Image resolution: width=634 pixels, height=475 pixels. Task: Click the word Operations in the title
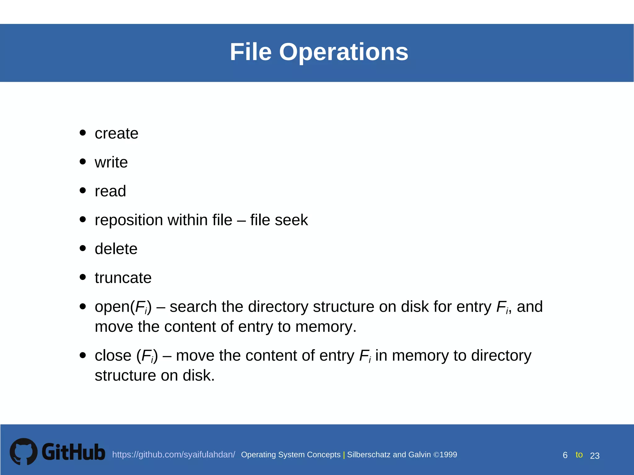click(x=344, y=52)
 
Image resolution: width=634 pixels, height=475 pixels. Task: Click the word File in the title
click(x=250, y=52)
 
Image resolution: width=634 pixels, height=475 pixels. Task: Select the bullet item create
click(x=116, y=134)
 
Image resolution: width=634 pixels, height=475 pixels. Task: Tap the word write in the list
click(x=111, y=162)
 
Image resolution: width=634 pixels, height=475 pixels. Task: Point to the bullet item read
click(x=110, y=191)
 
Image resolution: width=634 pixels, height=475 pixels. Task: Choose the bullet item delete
click(x=116, y=249)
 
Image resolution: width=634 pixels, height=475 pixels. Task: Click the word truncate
click(x=123, y=278)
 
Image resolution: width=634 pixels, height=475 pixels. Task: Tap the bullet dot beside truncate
click(x=83, y=277)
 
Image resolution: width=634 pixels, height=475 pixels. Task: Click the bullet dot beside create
click(x=83, y=133)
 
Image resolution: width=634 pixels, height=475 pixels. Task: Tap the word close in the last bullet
click(x=113, y=356)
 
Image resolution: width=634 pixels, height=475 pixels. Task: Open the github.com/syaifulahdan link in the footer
click(x=173, y=455)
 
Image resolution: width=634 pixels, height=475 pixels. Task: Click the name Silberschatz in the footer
click(x=368, y=455)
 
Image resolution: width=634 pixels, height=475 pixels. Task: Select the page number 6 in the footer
click(x=565, y=455)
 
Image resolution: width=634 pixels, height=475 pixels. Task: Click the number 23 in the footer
click(x=595, y=456)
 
